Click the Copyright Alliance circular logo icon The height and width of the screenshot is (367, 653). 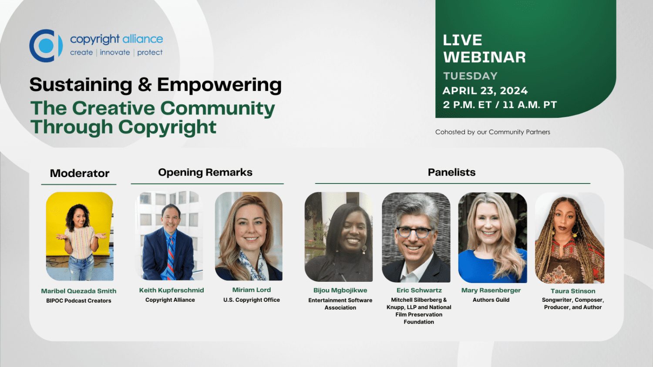[46, 46]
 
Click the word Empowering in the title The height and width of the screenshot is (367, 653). [219, 85]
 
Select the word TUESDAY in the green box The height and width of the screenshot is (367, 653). [470, 76]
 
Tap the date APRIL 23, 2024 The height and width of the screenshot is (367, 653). [485, 90]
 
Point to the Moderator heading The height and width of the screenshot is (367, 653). [80, 173]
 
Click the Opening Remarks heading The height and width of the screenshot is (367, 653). [205, 173]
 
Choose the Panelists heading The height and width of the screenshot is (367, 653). [451, 173]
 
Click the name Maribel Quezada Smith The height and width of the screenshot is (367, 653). [79, 291]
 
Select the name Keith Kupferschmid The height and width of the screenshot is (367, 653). [172, 290]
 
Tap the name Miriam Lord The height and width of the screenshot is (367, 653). [252, 290]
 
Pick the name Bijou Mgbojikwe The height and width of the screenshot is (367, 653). [340, 290]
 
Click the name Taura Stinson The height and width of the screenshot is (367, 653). [573, 291]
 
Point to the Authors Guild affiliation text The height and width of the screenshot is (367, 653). [491, 300]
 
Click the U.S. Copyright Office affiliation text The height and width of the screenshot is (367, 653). [252, 300]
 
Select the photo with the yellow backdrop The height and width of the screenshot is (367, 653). [80, 236]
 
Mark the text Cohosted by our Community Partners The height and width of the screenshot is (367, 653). [493, 132]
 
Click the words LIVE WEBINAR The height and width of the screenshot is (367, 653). [484, 49]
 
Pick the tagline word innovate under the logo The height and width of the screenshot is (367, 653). [115, 53]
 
